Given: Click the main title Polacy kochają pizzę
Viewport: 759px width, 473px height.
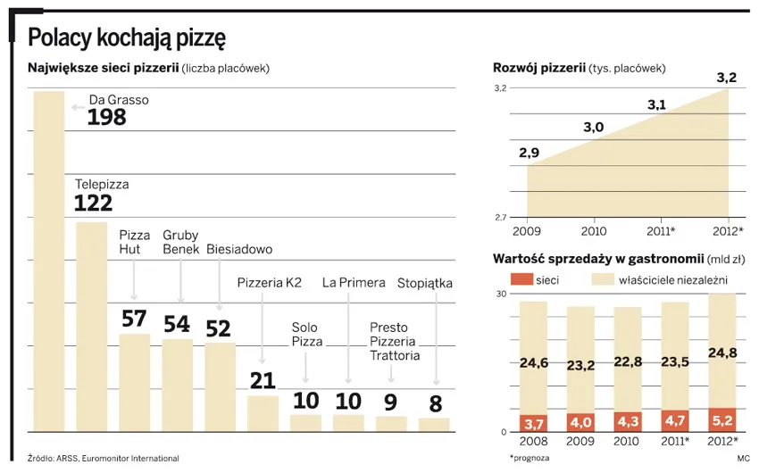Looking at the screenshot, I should (x=127, y=37).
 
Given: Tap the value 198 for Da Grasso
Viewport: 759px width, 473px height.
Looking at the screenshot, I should (x=106, y=118).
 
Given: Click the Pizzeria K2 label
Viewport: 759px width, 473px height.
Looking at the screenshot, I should (x=270, y=283).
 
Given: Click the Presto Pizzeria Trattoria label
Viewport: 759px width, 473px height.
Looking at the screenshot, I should (x=393, y=341).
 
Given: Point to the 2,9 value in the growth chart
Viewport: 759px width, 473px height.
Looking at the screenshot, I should (x=529, y=153).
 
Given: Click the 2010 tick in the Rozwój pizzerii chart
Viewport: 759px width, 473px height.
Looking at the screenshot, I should (x=594, y=231).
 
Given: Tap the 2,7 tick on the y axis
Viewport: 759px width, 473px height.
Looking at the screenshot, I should (x=500, y=218).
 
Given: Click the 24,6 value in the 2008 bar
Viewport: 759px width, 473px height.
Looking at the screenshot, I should (x=533, y=363).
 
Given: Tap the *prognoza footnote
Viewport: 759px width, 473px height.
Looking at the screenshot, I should (x=530, y=457).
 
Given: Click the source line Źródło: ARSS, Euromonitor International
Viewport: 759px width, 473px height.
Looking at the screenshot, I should (x=104, y=458).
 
